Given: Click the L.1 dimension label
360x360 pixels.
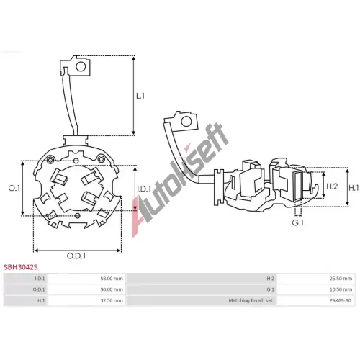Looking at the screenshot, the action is (140, 96).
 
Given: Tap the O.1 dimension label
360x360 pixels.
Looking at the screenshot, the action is (14, 189).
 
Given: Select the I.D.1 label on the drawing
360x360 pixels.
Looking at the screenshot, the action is (144, 189).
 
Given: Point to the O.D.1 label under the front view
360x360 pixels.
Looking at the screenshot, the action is (76, 256).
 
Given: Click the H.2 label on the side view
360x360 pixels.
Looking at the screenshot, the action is (332, 186).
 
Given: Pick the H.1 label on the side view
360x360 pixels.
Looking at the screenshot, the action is (354, 188).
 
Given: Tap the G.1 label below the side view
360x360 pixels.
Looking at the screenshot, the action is (297, 222).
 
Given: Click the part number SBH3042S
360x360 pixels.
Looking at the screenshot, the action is (21, 267).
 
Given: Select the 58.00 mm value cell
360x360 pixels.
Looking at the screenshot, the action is (112, 279).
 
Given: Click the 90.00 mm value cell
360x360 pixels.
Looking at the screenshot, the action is (112, 289).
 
